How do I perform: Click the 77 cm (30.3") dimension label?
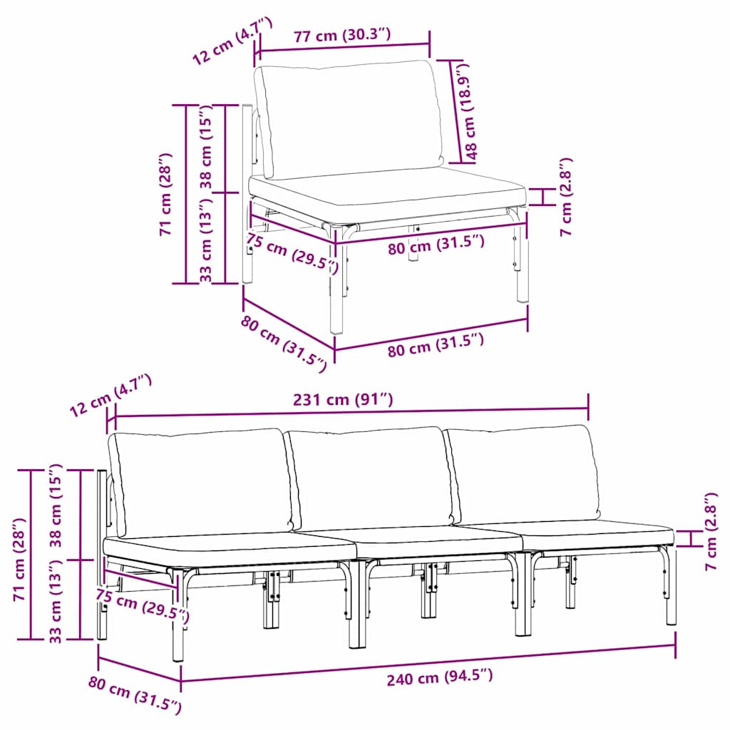pyautogui.click(x=342, y=36)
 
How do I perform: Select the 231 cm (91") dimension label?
pyautogui.click(x=343, y=400)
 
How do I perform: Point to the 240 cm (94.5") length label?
pyautogui.click(x=439, y=677)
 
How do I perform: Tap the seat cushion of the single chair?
pyautogui.click(x=385, y=191)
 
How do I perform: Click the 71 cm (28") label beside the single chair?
pyautogui.click(x=165, y=194)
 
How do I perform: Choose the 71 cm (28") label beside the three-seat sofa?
pyautogui.click(x=21, y=555)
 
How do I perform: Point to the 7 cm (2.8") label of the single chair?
pyautogui.click(x=565, y=197)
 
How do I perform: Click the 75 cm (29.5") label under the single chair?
pyautogui.click(x=291, y=254)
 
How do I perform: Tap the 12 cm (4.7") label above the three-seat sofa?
pyautogui.click(x=111, y=398)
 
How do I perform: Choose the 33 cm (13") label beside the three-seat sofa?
pyautogui.click(x=57, y=600)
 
